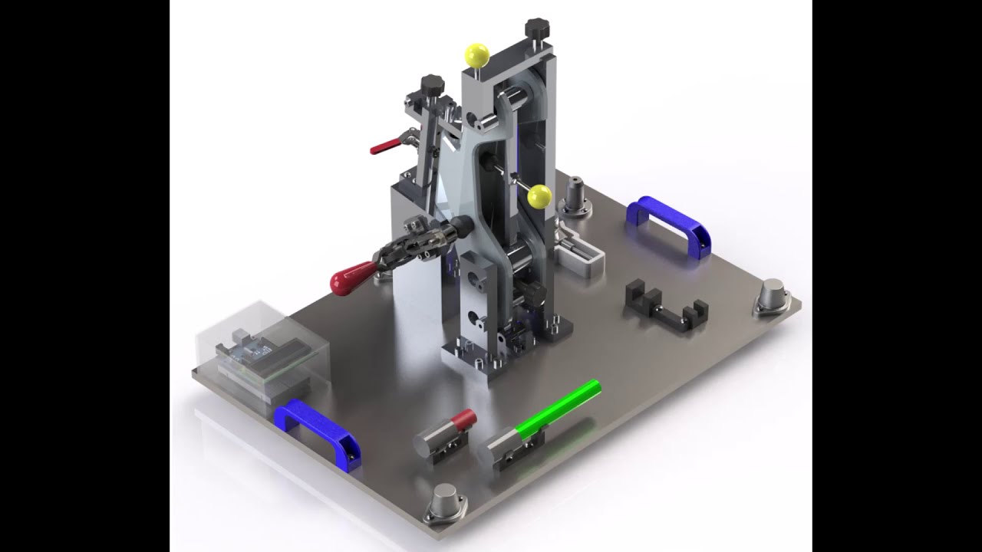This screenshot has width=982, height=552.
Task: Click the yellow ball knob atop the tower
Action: pyautogui.click(x=476, y=55)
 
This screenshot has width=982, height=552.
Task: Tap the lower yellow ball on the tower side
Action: pyautogui.click(x=539, y=196)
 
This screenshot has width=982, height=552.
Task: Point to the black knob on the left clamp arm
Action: pyautogui.click(x=432, y=83)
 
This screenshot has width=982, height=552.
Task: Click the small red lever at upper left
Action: pyautogui.click(x=384, y=146)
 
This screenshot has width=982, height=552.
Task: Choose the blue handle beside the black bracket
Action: pyautogui.click(x=669, y=222)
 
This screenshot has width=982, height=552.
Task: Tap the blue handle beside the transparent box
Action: pyautogui.click(x=318, y=429)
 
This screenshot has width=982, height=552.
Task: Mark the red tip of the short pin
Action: pyautogui.click(x=463, y=419)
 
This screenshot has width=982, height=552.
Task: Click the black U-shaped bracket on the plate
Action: pyautogui.click(x=665, y=306)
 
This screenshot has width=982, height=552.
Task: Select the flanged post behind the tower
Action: pyautogui.click(x=575, y=198)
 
